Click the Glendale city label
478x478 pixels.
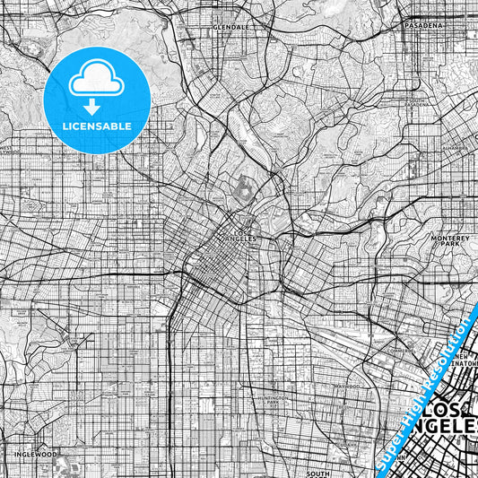coord(230,28)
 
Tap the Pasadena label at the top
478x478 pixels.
coord(423,26)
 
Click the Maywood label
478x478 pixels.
coord(345,387)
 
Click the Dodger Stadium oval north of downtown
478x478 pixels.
coord(245,187)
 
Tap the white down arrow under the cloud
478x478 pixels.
coord(98,107)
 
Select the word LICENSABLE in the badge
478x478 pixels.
coord(98,126)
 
